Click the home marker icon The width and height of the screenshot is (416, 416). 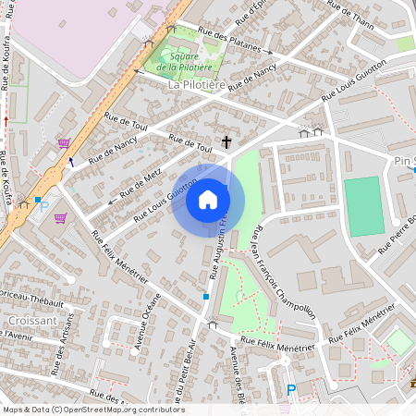208,200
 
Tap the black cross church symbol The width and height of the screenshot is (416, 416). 226,142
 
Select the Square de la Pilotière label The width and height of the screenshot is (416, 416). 178,61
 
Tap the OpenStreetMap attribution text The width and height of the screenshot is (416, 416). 93,409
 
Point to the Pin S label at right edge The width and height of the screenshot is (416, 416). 403,160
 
